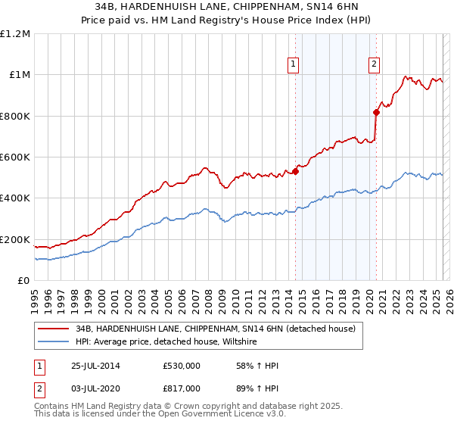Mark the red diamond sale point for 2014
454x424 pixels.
click(x=296, y=171)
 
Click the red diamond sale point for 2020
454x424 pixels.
click(x=375, y=112)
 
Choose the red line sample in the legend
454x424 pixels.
click(x=54, y=329)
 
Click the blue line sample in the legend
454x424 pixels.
click(x=54, y=342)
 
